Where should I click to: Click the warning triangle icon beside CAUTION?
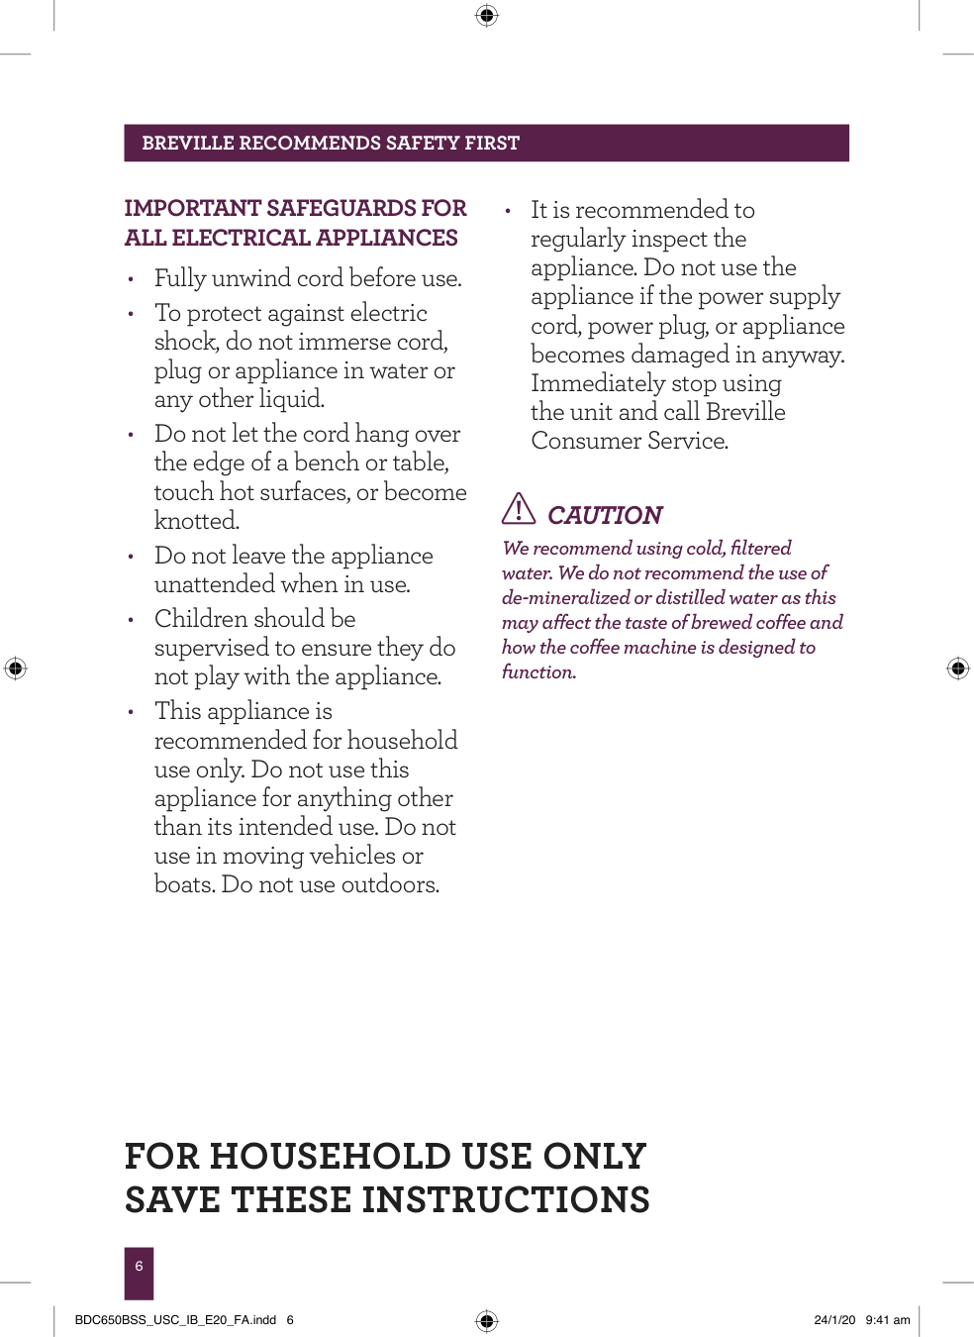(519, 509)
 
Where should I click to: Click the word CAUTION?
(605, 516)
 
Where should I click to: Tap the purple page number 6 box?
(139, 1273)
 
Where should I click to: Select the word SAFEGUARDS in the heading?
(341, 208)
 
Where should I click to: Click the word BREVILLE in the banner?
(188, 144)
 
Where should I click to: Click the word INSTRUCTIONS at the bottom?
(505, 1200)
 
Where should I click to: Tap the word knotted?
(196, 521)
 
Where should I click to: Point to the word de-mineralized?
(565, 598)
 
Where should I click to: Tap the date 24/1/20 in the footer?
(834, 1320)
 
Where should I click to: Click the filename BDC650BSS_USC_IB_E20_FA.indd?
(175, 1320)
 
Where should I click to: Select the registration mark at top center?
(486, 15)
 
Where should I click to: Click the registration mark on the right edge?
(958, 668)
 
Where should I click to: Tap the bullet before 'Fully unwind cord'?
(131, 280)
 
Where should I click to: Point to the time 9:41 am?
(888, 1320)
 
